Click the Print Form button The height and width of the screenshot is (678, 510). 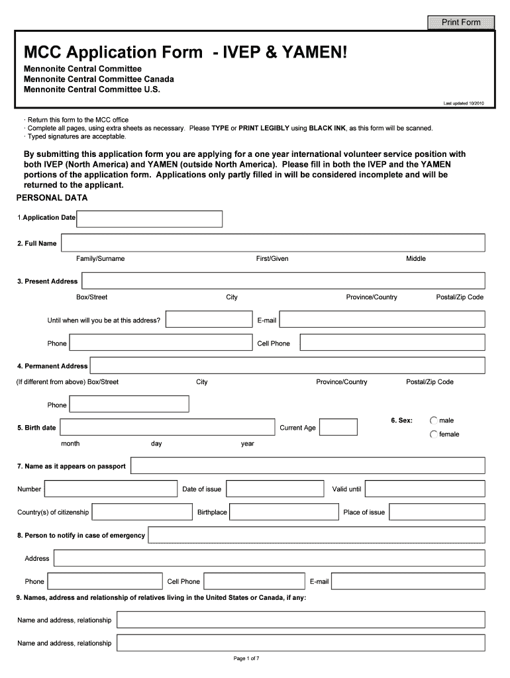(x=462, y=23)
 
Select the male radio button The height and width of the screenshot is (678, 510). (x=434, y=420)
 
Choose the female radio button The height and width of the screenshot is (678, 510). (x=434, y=434)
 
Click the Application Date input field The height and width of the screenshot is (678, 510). (x=150, y=218)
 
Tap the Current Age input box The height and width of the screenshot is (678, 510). (x=338, y=428)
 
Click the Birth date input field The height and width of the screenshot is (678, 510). (x=167, y=428)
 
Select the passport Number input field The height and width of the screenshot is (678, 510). (x=111, y=489)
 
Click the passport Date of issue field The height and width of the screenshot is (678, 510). (x=275, y=489)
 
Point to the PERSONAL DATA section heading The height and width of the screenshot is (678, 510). (x=52, y=198)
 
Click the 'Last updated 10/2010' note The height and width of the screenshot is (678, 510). (x=463, y=103)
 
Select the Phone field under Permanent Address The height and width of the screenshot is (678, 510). (x=129, y=405)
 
